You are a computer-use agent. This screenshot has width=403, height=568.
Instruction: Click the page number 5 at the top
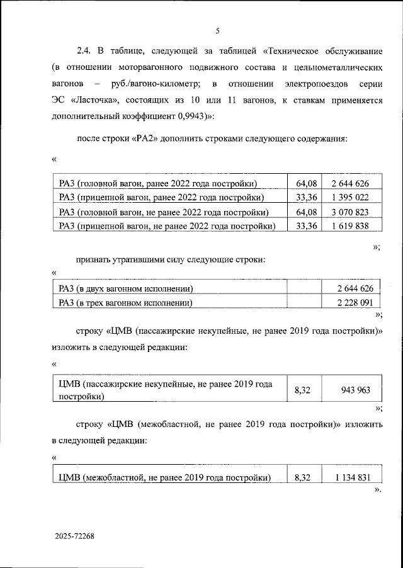217,30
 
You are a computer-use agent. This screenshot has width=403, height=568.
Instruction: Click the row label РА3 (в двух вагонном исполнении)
125,289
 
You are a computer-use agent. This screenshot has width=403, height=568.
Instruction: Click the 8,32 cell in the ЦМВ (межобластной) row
303,478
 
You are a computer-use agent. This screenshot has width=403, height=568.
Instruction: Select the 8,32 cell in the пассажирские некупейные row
303,390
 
